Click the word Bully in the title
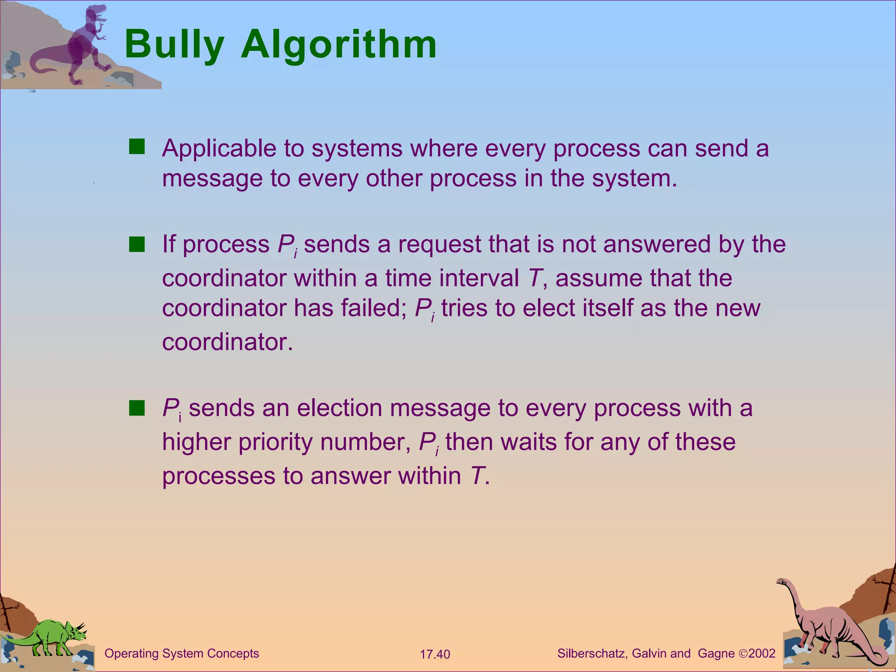tap(174, 45)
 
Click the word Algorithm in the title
tap(339, 45)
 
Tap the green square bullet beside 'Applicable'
tap(136, 147)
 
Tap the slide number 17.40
tap(435, 654)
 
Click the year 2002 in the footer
tap(762, 654)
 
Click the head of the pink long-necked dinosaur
tap(781, 582)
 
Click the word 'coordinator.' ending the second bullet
tap(227, 342)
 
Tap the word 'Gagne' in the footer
tap(716, 654)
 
